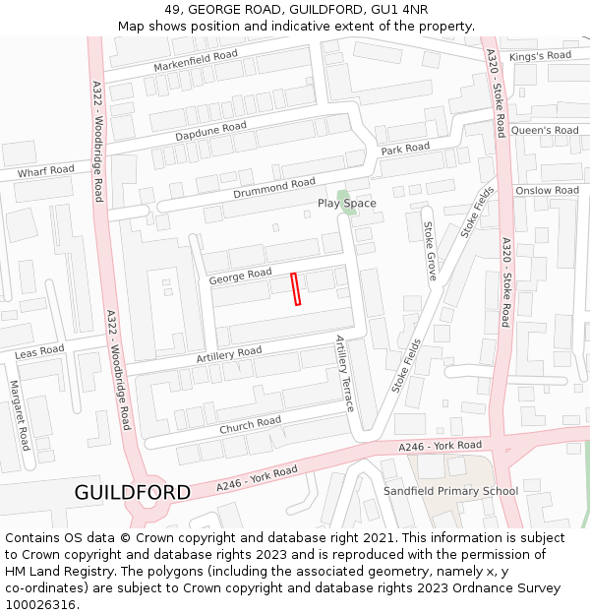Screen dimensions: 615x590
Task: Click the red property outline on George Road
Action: click(x=296, y=289)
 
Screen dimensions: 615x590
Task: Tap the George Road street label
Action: click(x=240, y=277)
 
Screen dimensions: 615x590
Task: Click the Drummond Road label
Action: click(x=274, y=188)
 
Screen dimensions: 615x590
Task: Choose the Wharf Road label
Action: click(x=45, y=171)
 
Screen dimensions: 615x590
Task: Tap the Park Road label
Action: click(x=405, y=149)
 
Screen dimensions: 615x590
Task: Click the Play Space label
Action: click(x=346, y=204)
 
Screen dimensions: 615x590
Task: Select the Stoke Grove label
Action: click(x=430, y=251)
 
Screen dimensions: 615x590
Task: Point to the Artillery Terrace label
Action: click(x=344, y=372)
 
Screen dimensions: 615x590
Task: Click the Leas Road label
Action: click(x=39, y=351)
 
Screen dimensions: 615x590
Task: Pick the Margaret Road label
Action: click(x=20, y=415)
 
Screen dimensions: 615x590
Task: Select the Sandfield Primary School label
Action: click(x=450, y=491)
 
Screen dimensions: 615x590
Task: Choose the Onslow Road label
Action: click(x=547, y=191)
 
